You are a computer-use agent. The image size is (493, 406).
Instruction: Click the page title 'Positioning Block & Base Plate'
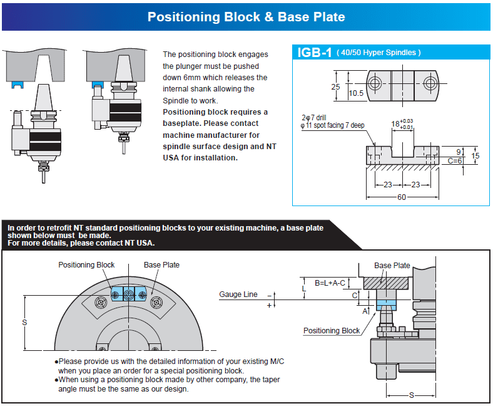[x=246, y=17]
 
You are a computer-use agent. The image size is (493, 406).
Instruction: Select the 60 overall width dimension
[x=400, y=197]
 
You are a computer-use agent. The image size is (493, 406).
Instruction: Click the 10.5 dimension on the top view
[x=356, y=93]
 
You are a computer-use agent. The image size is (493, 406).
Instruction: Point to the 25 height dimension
[x=335, y=86]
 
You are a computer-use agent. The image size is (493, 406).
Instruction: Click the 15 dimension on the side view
[x=475, y=155]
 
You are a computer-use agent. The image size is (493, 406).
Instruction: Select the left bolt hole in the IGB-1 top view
[x=375, y=83]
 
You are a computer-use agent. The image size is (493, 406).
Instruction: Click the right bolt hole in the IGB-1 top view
[x=429, y=83]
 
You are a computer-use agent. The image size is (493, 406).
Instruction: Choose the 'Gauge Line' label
[x=238, y=294]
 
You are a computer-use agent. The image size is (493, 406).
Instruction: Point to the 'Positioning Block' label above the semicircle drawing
[x=86, y=265]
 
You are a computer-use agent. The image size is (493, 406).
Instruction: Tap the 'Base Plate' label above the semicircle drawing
[x=161, y=265]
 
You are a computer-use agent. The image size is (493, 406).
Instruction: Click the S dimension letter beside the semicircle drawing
[x=24, y=323]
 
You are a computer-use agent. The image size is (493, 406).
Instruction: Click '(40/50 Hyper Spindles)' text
[x=379, y=53]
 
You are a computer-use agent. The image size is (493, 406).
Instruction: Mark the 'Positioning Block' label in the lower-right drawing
[x=332, y=331]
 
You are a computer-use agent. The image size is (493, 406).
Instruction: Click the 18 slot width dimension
[x=396, y=124]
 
